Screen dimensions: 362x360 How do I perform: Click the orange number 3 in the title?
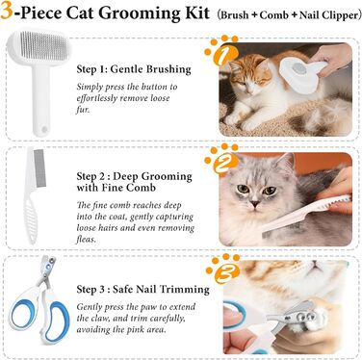pos(7,11)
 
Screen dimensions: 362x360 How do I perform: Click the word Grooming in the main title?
pos(149,13)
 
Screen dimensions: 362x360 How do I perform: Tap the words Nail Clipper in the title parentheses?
pos(328,15)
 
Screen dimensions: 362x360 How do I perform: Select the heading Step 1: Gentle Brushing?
pos(134,69)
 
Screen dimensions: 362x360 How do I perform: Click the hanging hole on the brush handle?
pos(44,129)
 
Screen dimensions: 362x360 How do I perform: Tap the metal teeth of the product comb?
pos(39,167)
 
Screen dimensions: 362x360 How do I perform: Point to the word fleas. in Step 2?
pos(86,239)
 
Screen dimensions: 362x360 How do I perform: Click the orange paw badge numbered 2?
pos(221,160)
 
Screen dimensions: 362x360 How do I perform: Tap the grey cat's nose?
pos(255,203)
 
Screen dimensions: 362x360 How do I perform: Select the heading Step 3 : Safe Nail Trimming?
pos(142,290)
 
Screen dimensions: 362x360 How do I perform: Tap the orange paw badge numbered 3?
pos(223,269)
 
